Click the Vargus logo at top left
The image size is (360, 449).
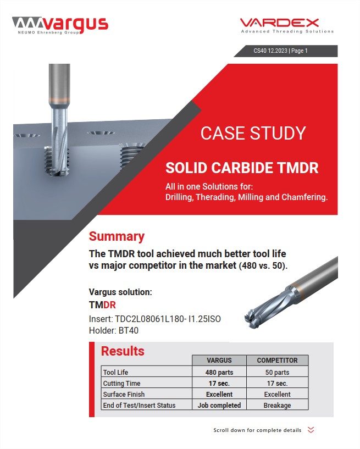tap(60, 25)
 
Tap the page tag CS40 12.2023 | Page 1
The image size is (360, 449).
tap(280, 51)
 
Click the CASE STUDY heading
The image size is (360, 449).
tap(253, 133)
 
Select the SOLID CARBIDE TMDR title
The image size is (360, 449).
tap(242, 168)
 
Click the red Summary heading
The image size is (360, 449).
tap(117, 236)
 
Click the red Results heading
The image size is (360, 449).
tap(123, 351)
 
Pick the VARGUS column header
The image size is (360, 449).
tap(219, 361)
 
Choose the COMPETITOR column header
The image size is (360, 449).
tap(277, 361)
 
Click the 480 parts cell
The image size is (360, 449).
tap(219, 372)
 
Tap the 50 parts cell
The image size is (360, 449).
tap(277, 372)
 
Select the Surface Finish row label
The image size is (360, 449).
tap(125, 394)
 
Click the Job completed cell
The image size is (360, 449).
tap(219, 405)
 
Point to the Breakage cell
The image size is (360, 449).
tap(277, 405)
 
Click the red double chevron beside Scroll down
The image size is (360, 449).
tap(311, 430)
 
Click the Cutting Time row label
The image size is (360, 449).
tap(121, 383)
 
